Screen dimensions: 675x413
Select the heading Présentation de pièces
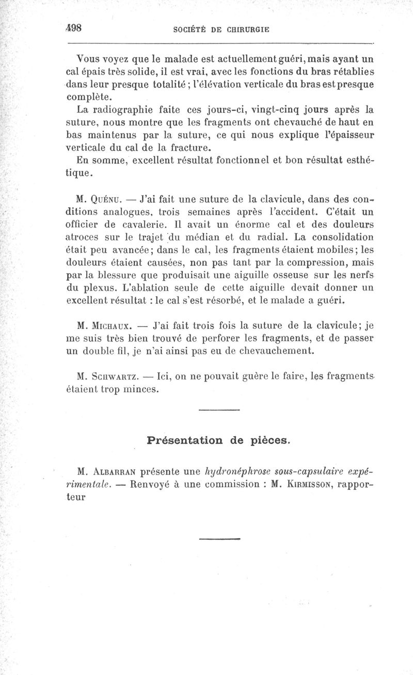click(x=219, y=440)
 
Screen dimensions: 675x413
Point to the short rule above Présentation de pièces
click(x=219, y=411)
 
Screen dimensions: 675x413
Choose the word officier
click(x=89, y=225)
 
